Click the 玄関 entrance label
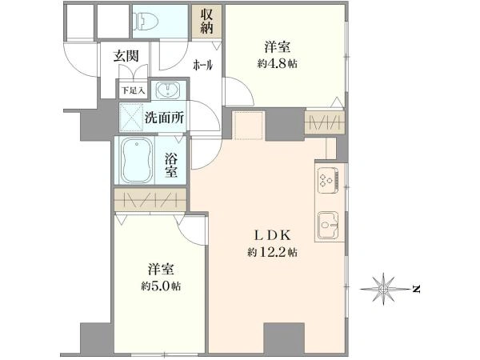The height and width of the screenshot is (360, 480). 125,57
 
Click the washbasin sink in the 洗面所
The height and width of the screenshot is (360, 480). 166,89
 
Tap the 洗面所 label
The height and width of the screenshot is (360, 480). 164,117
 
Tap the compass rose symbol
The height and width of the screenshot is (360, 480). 384,286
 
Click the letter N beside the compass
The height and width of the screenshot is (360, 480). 416,287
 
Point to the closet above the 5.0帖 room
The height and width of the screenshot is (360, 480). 150,199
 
